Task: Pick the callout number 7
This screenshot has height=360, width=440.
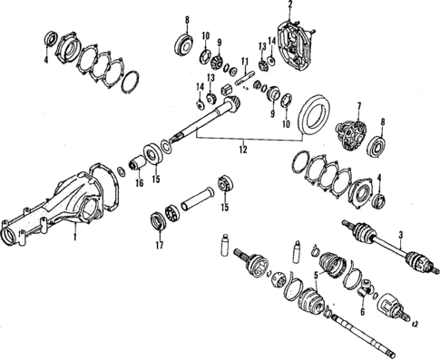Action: [x=361, y=106]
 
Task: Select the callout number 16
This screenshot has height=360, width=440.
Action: [x=139, y=181]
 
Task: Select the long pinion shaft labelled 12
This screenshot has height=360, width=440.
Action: [x=204, y=118]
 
